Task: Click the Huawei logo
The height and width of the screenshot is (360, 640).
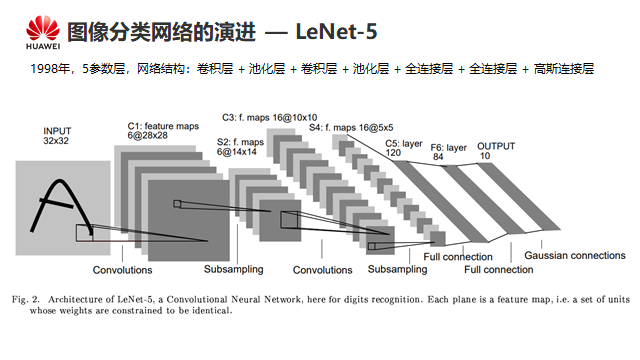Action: tap(43, 32)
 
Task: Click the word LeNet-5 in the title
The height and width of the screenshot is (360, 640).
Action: tap(336, 31)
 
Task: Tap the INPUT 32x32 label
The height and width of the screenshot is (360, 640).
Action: tap(57, 136)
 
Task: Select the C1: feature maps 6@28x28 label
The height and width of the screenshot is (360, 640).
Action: tap(163, 131)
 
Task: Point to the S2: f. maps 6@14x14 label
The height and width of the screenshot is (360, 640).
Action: tap(240, 147)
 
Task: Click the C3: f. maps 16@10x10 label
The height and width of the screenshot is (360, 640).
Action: tap(269, 118)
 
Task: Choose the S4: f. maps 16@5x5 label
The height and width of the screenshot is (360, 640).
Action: tap(351, 128)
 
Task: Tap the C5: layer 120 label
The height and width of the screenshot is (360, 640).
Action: tap(404, 148)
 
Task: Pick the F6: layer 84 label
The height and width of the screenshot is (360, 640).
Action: tap(448, 152)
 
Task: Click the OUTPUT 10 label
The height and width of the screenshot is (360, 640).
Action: tap(496, 151)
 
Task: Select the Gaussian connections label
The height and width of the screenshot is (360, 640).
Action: tap(575, 256)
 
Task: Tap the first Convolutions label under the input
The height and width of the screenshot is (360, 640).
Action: tap(122, 270)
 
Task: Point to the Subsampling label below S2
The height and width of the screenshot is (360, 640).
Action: tap(233, 269)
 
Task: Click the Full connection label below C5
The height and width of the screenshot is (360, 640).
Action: tap(458, 257)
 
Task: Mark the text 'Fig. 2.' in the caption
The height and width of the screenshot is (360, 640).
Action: tap(26, 300)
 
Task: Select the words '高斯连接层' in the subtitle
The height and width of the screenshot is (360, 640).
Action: tap(564, 69)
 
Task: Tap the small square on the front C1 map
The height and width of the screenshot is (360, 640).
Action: tap(177, 204)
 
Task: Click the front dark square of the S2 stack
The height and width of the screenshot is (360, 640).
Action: tap(280, 220)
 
